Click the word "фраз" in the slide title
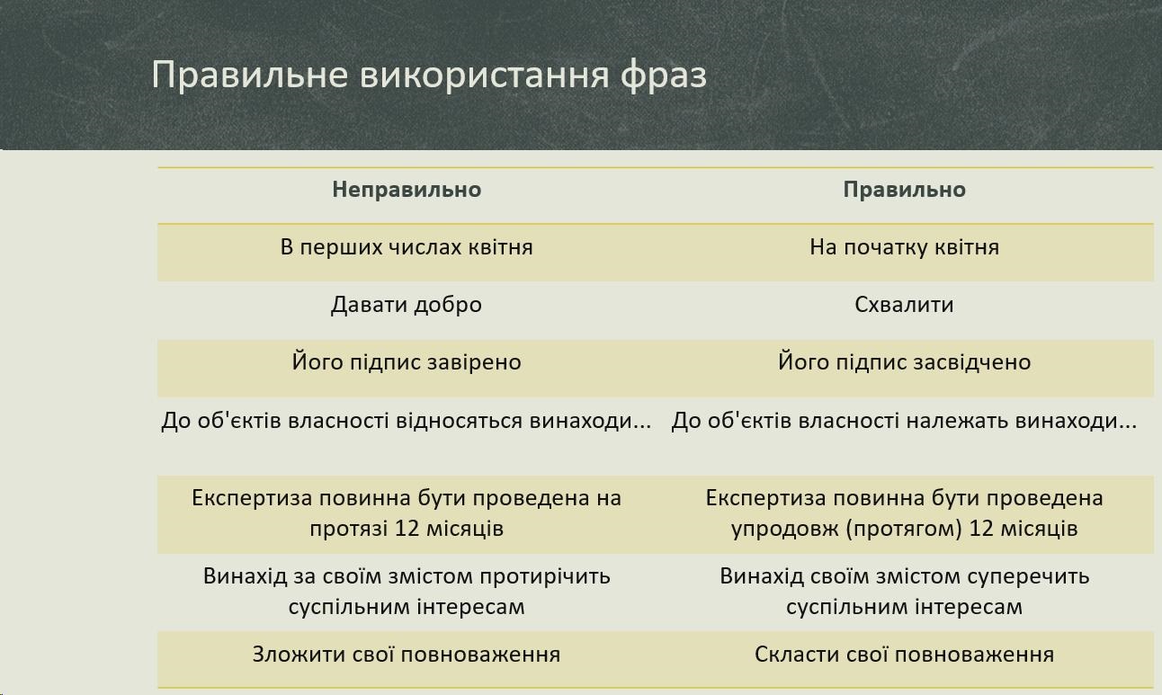tap(664, 76)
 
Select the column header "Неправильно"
tap(407, 190)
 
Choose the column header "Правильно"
tap(904, 190)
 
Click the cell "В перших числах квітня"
tap(407, 247)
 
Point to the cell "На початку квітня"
tap(904, 247)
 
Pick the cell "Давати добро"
tap(407, 305)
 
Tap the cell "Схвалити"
tap(904, 305)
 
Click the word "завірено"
tap(474, 362)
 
